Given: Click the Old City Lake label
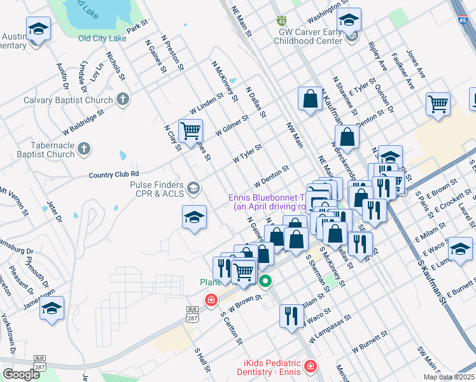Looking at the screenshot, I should coord(103,38).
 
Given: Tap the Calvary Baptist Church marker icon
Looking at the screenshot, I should coord(123,100).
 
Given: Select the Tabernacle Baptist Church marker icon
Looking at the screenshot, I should coord(83,150).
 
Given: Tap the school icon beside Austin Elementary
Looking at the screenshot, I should coord(38,30).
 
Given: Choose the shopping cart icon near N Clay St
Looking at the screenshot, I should coord(191,131).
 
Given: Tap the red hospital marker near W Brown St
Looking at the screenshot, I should coord(210,299).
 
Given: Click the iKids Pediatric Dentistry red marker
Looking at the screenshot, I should coord(309,367).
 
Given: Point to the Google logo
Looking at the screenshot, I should coord(22,374).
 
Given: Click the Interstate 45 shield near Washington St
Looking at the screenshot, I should coord(281,22).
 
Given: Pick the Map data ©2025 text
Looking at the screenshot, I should coord(448,377).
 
